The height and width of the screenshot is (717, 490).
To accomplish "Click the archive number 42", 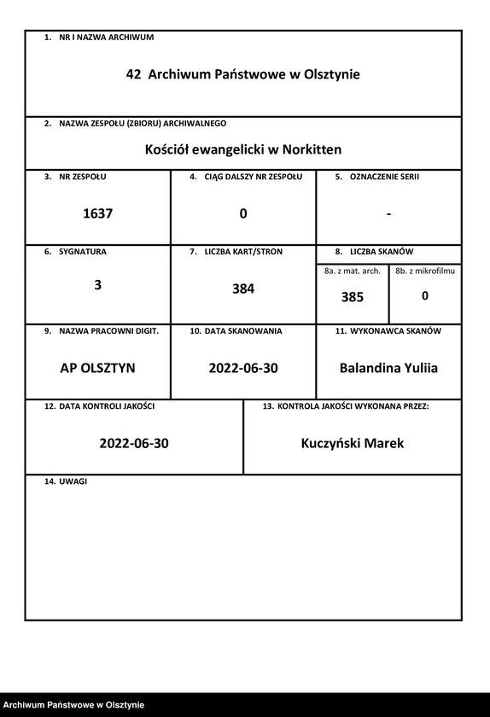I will click(133, 75).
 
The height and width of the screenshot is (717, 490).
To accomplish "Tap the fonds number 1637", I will click(97, 214).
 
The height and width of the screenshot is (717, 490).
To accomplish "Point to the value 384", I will click(243, 289).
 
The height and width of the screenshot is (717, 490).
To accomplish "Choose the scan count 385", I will click(352, 298).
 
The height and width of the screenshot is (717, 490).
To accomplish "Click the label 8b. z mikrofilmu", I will click(425, 271).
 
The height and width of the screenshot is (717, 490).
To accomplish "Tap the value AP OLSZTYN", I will click(97, 369).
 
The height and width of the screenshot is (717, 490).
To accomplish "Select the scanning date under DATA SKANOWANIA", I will click(243, 369).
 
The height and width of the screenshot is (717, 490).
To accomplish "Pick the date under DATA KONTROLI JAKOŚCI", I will click(134, 444).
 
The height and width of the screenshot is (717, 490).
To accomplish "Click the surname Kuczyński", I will click(332, 444).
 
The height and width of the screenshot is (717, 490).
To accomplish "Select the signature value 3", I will click(97, 286).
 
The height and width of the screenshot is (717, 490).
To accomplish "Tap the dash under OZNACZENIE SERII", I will click(388, 213).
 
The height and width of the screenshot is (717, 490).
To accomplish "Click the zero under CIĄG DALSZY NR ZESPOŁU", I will click(243, 214).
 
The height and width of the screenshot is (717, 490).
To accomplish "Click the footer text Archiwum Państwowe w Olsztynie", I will click(73, 705).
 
